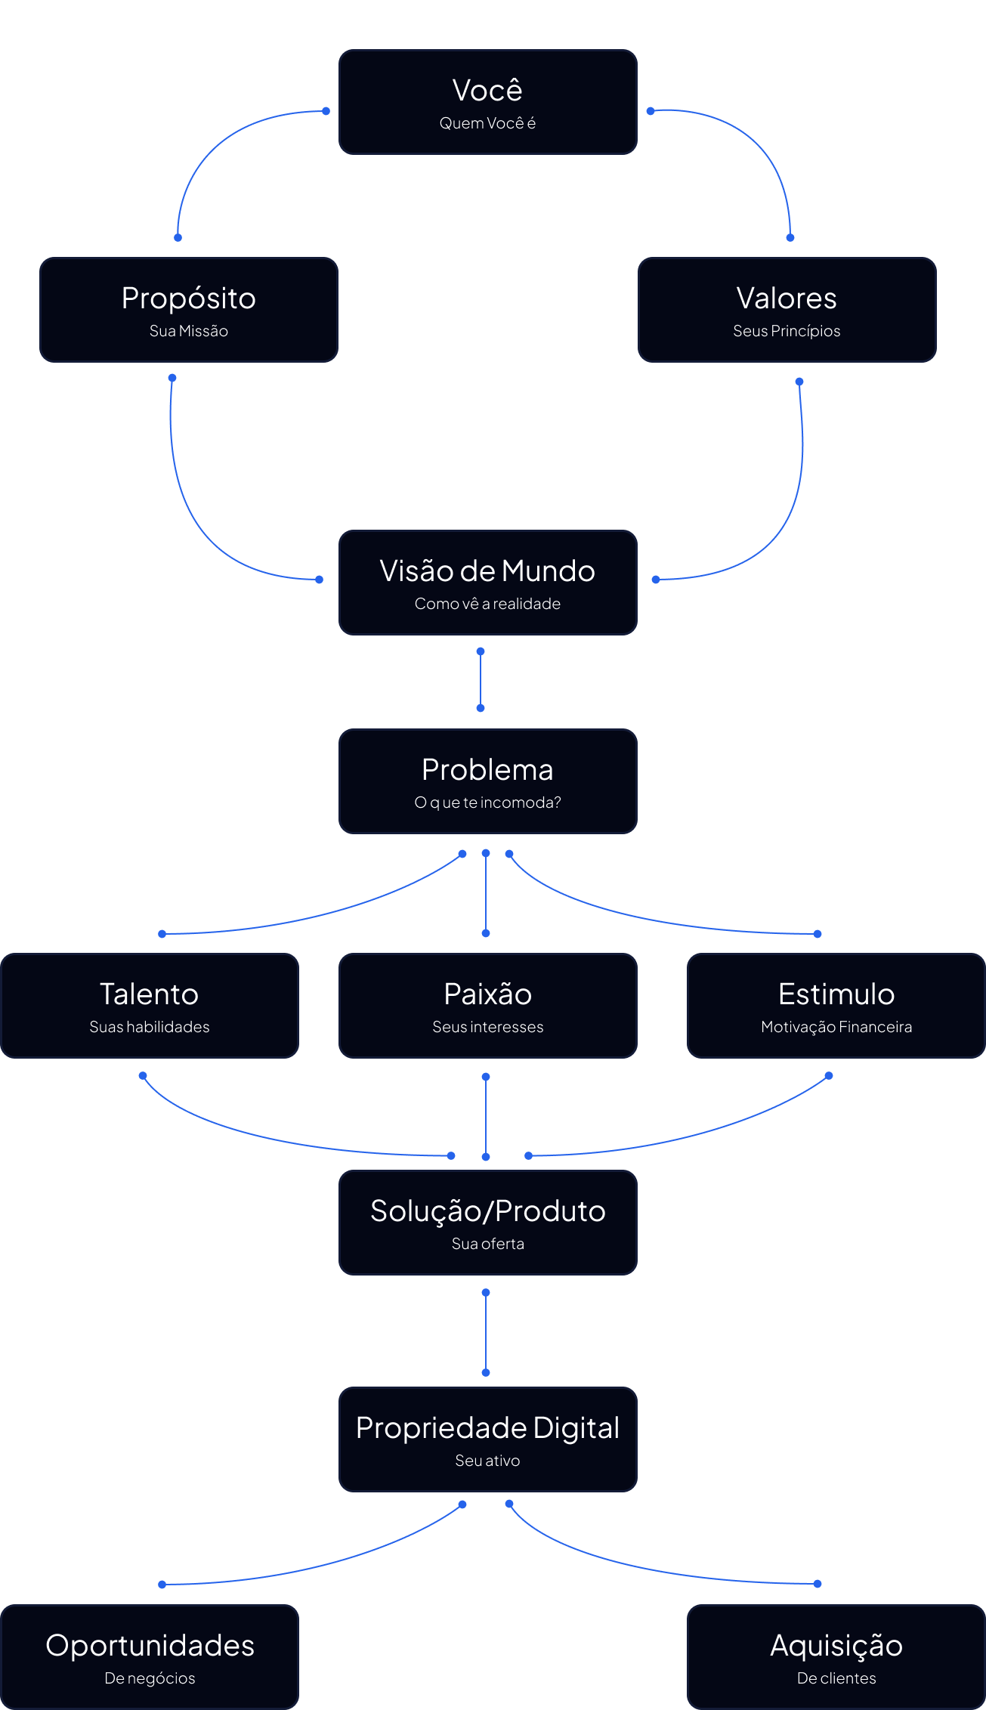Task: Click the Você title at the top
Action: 487,91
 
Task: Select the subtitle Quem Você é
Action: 487,123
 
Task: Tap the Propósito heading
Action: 188,298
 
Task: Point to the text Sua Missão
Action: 188,331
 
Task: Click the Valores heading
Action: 787,298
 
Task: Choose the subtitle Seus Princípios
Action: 787,331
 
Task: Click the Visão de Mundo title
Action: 487,571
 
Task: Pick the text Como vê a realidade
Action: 487,604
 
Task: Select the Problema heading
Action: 487,770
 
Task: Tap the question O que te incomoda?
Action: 487,802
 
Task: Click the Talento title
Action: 149,994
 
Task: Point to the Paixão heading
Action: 487,994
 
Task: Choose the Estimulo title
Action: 836,994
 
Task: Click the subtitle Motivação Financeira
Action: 836,1027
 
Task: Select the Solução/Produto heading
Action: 487,1211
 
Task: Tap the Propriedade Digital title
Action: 487,1428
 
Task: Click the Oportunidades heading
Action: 150,1646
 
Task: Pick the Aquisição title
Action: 836,1646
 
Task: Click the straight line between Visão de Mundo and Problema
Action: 481,680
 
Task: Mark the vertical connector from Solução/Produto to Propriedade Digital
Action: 486,1333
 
